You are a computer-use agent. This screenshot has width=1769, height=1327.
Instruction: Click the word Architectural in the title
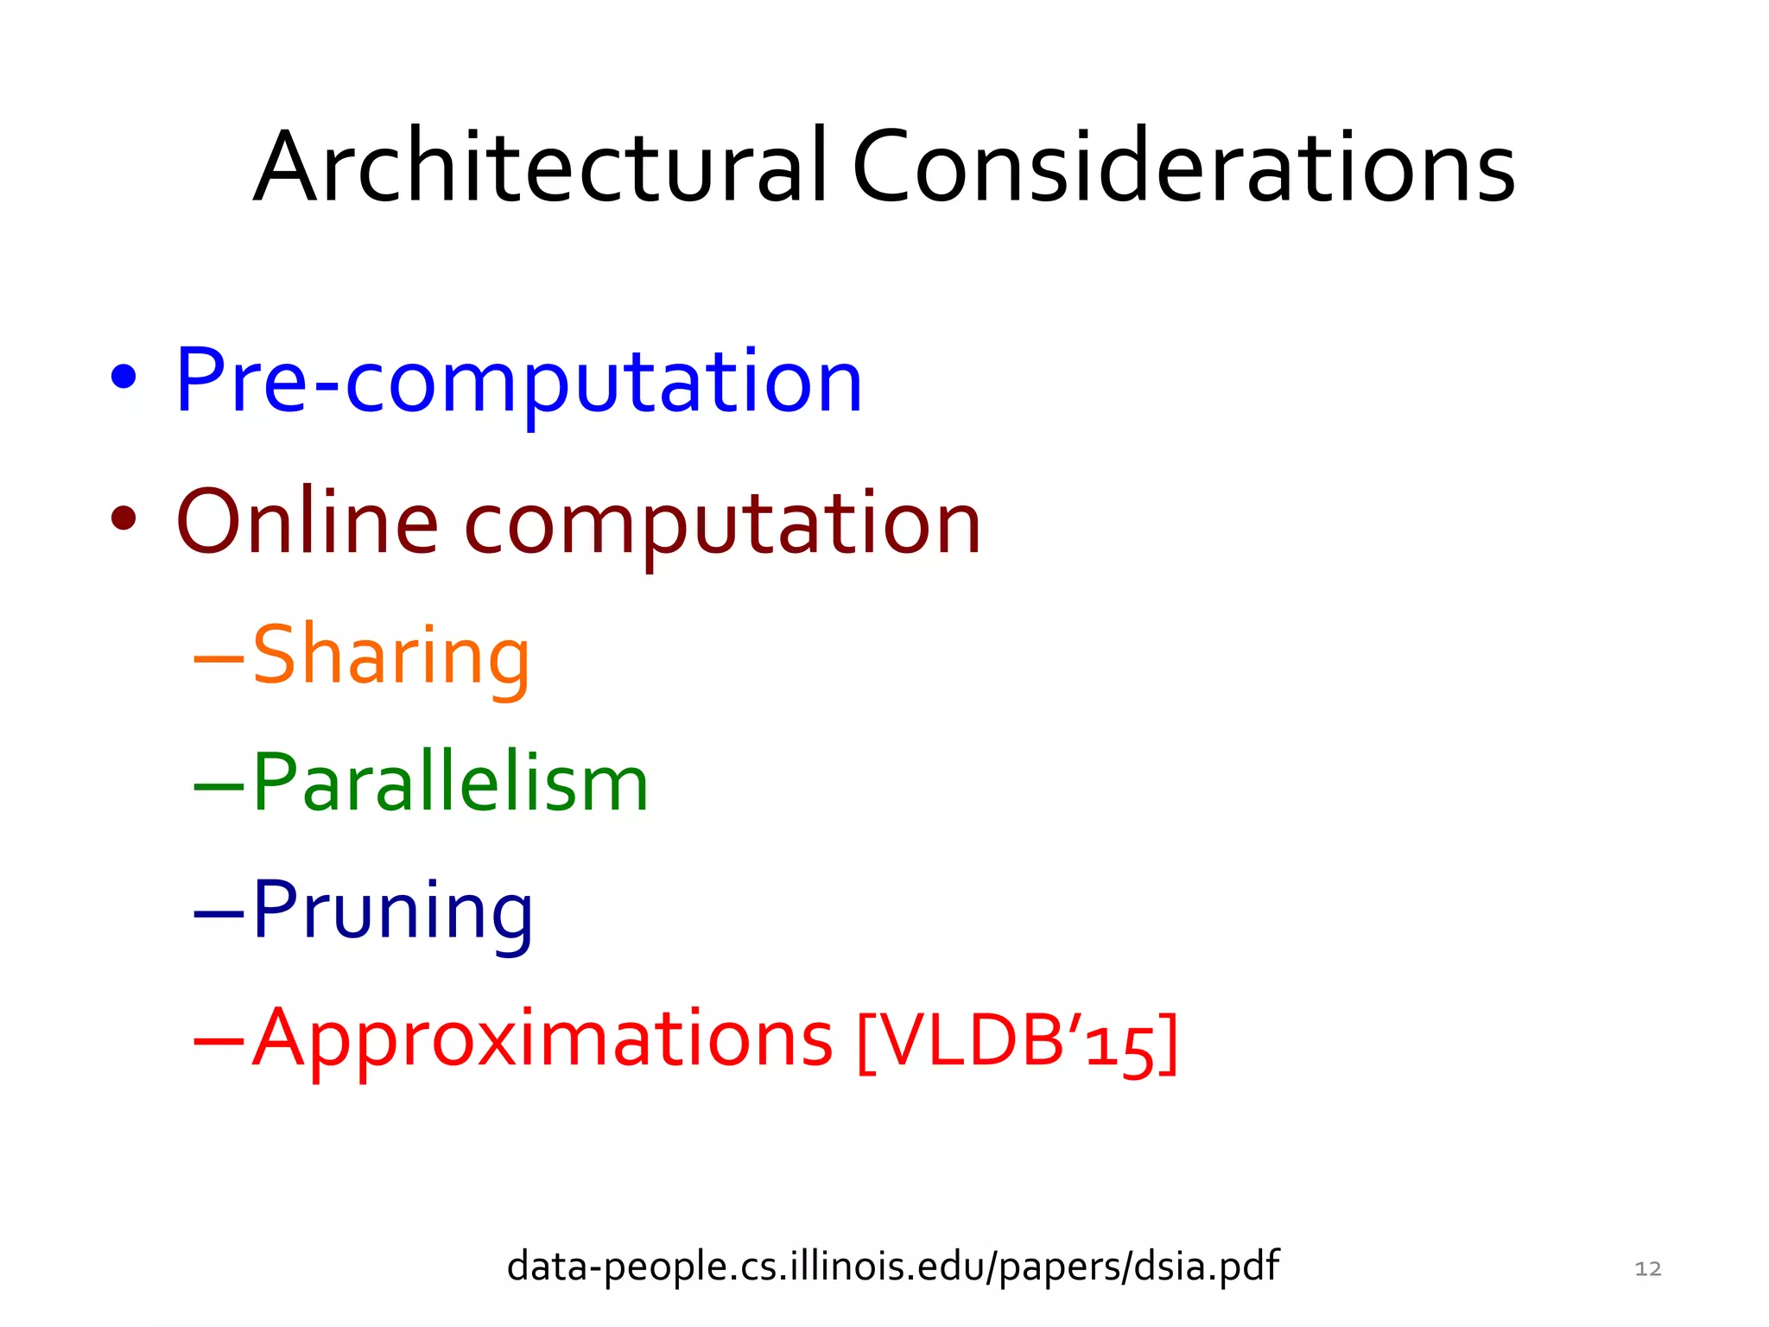[541, 166]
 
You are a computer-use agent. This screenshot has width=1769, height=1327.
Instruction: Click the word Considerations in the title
[1183, 166]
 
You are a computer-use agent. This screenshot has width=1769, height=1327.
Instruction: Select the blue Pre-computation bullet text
[518, 381]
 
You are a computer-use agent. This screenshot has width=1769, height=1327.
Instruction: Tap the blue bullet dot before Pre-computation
[124, 377]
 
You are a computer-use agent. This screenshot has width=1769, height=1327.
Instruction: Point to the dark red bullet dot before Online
[124, 518]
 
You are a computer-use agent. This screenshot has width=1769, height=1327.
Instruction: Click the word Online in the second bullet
[307, 522]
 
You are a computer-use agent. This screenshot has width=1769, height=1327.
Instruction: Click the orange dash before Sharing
[219, 659]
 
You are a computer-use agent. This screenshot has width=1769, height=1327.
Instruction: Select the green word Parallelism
[449, 783]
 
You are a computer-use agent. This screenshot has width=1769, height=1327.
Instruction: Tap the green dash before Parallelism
[219, 786]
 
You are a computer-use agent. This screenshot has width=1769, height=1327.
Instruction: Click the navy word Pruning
[392, 911]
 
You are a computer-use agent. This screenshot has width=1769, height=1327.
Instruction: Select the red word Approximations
[542, 1038]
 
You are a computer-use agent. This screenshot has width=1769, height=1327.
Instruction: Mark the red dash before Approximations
[219, 1041]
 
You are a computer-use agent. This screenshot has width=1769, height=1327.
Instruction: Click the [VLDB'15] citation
[1017, 1040]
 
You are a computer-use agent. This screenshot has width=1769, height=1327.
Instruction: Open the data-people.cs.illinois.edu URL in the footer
[892, 1267]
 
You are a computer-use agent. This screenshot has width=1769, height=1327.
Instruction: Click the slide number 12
[1648, 1268]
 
